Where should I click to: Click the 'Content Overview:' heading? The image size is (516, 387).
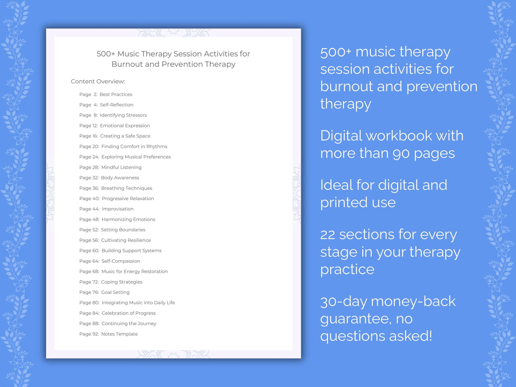98,81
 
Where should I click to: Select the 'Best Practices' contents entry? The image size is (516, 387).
116,95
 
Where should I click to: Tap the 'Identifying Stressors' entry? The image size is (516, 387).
123,115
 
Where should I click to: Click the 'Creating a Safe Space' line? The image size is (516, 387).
125,136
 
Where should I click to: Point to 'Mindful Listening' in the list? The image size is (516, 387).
121,167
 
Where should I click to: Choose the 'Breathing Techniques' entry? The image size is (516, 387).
126,188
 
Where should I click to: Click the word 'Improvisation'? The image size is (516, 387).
117,209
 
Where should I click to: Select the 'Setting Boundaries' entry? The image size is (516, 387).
123,230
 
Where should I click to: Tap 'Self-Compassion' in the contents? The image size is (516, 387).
121,261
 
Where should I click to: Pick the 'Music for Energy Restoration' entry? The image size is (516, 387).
135,272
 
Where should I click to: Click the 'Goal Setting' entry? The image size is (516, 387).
115,292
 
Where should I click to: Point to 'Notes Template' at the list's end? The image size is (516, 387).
119,334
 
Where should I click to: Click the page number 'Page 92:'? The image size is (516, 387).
89,334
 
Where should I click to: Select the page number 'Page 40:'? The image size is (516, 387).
89,199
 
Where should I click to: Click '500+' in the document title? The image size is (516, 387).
106,54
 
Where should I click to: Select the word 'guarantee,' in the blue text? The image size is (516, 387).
356,319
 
